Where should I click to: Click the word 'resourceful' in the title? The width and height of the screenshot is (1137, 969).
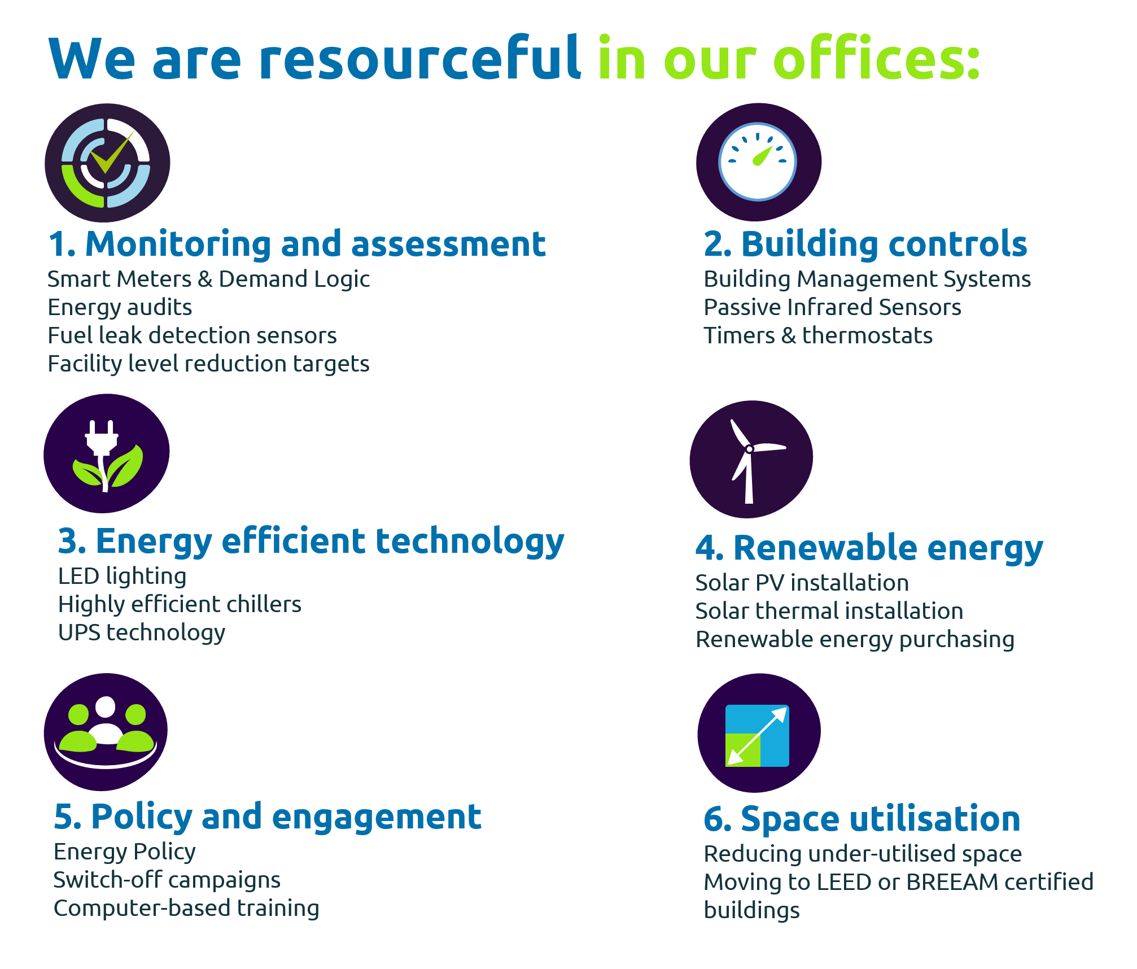(419, 57)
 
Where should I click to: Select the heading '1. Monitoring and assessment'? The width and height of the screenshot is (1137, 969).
(297, 245)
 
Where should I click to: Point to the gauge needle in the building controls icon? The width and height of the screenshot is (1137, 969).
(763, 155)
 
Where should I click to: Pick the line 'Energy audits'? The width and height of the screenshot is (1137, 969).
(120, 308)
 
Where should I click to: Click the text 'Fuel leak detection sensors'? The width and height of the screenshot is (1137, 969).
(192, 335)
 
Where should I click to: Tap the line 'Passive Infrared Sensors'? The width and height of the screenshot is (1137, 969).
(832, 307)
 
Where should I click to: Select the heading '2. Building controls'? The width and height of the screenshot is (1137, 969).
(865, 245)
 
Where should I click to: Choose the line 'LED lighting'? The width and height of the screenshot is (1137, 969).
(123, 577)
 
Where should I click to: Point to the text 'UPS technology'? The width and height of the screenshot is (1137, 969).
(142, 633)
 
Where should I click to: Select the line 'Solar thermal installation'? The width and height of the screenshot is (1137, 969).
(829, 611)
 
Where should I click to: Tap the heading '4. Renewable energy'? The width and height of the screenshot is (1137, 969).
(869, 548)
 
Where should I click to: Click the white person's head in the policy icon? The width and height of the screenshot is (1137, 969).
(106, 707)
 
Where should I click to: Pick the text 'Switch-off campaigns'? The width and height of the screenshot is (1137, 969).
(167, 880)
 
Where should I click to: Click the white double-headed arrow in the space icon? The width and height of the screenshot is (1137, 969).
(756, 736)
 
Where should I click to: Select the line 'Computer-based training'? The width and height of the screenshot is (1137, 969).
(186, 909)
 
